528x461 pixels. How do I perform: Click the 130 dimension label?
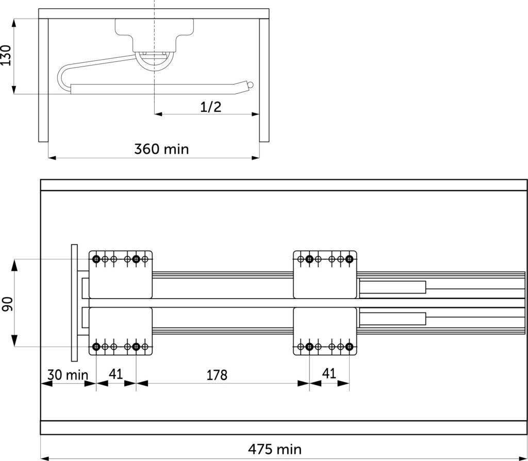6,55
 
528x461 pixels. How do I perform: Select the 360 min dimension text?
161,149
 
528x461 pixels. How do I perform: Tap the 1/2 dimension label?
211,107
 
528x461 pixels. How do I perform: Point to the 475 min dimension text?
275,449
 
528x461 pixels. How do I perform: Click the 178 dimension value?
217,375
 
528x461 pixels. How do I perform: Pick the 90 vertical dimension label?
7,304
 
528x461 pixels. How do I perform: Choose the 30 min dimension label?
68,375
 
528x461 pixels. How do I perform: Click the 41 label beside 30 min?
116,374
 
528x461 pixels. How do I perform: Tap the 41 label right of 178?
329,373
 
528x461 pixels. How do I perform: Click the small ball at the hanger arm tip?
250,85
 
